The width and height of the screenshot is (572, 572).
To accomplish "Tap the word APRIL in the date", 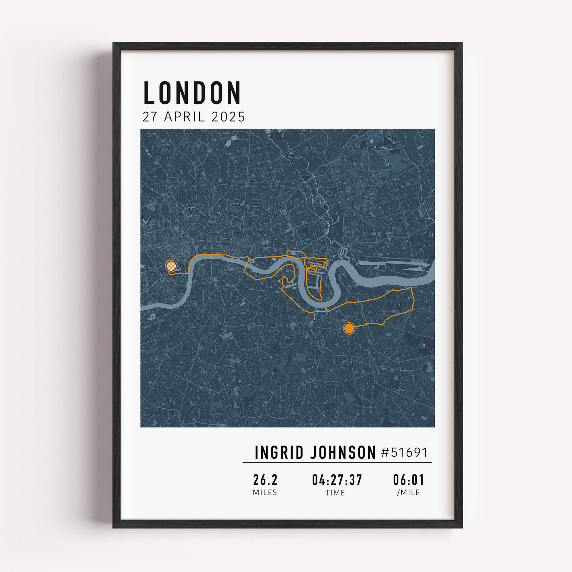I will (x=184, y=117).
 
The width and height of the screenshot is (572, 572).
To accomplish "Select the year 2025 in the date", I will (x=228, y=117).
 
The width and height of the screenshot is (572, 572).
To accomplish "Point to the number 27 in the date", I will (x=150, y=117).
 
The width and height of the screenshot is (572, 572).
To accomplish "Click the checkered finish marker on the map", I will (x=171, y=266).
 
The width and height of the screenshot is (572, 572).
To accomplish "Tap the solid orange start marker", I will (x=349, y=328).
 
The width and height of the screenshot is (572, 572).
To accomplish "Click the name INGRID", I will (x=279, y=453).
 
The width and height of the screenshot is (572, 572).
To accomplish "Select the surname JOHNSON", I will (x=343, y=453).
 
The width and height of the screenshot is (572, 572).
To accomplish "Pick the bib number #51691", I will (x=404, y=452).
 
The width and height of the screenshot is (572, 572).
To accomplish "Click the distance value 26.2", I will (x=265, y=480).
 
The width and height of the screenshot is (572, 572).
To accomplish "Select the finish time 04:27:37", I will (x=337, y=480).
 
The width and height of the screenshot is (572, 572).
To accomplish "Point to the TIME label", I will (x=335, y=493).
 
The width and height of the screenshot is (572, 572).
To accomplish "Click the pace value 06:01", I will (x=409, y=480).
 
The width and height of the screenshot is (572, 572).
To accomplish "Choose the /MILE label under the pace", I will (x=409, y=493).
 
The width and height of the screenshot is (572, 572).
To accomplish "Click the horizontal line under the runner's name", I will (x=337, y=462).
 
